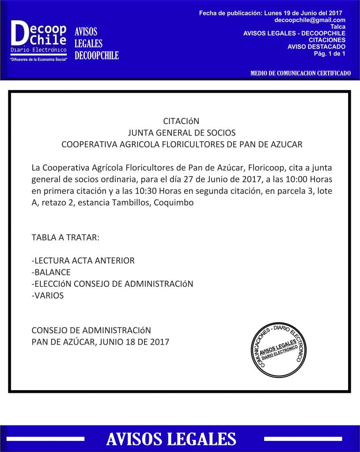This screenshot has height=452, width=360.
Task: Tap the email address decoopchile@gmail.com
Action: pos(310,20)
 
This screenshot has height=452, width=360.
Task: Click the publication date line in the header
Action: pos(271,13)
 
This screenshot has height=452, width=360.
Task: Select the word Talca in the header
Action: pos(338,27)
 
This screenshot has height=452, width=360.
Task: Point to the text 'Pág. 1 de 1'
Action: pos(330,53)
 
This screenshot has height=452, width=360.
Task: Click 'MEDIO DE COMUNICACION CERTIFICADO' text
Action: pos(300,73)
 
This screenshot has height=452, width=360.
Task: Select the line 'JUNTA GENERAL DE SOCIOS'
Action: pos(182,133)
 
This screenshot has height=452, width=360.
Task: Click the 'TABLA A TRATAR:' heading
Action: pos(65,237)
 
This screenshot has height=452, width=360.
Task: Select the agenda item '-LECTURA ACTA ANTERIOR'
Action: pos(83,260)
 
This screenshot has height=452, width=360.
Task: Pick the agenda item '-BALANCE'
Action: pos(51,272)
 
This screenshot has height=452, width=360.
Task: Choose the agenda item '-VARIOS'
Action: pos(48,295)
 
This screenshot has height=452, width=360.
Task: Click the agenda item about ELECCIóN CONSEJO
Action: pos(113,284)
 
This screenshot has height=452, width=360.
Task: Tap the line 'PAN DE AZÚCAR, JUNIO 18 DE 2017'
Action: pos(100,342)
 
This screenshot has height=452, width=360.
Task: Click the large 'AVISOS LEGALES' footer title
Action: pos(171,439)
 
